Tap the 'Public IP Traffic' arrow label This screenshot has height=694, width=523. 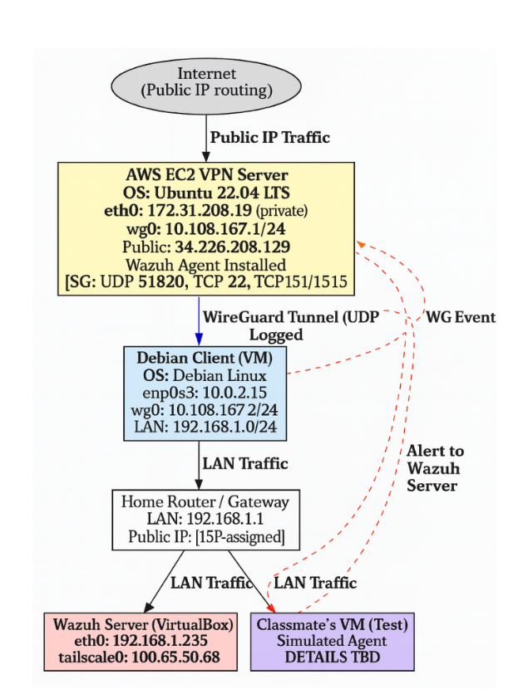(269, 138)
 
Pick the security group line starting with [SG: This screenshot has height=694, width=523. (206, 284)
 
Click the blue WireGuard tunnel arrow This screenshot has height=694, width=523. (200, 320)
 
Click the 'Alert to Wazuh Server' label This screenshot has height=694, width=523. (435, 468)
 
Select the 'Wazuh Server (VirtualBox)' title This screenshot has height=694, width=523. (139, 623)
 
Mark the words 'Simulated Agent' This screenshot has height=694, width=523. (332, 641)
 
